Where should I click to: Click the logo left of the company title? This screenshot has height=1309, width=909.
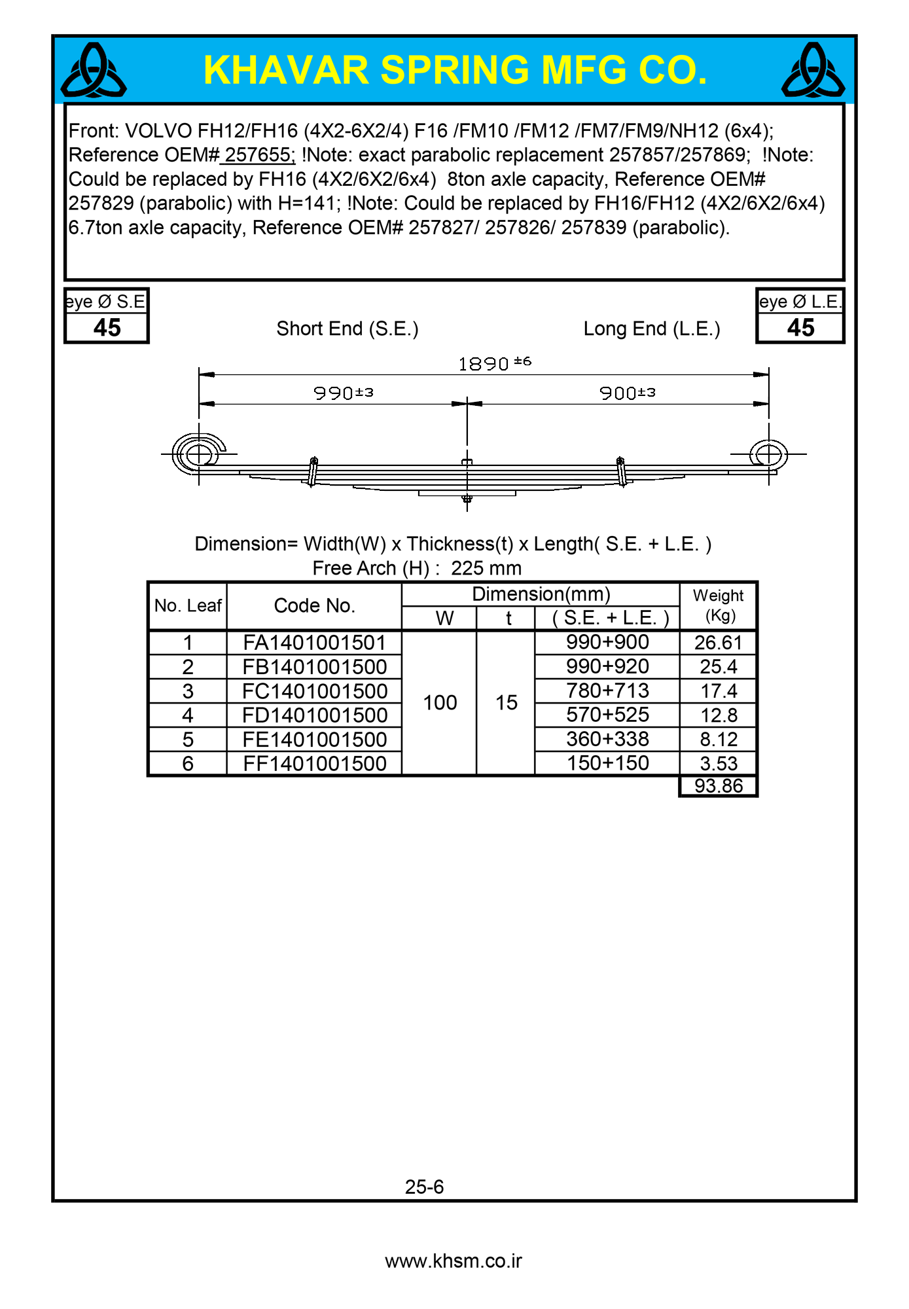pyautogui.click(x=94, y=71)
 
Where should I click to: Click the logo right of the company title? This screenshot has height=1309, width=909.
pyautogui.click(x=813, y=71)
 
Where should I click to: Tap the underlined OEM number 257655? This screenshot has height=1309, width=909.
pyautogui.click(x=260, y=155)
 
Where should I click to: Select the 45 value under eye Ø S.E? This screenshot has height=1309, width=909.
pyautogui.click(x=107, y=328)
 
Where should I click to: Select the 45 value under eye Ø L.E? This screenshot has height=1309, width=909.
pyautogui.click(x=800, y=328)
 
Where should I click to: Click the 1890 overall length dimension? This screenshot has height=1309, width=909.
pyautogui.click(x=494, y=363)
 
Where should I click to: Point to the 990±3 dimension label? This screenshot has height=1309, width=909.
pyautogui.click(x=344, y=393)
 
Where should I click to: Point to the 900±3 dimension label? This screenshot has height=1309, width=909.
pyautogui.click(x=628, y=393)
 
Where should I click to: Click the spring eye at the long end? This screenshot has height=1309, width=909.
pyautogui.click(x=768, y=454)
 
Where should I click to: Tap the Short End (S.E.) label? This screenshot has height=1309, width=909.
pyautogui.click(x=348, y=329)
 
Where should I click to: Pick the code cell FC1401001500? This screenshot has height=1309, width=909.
pyautogui.click(x=315, y=691)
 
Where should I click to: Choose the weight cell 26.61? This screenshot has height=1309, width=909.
pyautogui.click(x=719, y=643)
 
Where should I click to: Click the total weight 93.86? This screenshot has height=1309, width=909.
pyautogui.click(x=719, y=785)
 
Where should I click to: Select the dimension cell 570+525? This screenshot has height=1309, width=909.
pyautogui.click(x=607, y=715)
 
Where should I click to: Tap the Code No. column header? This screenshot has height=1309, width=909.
pyautogui.click(x=314, y=606)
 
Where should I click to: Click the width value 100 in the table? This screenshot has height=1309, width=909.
pyautogui.click(x=440, y=703)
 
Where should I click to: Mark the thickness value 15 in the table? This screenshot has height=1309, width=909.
pyautogui.click(x=506, y=703)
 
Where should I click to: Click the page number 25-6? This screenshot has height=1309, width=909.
pyautogui.click(x=424, y=1187)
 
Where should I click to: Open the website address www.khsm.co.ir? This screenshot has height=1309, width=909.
pyautogui.click(x=454, y=1261)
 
